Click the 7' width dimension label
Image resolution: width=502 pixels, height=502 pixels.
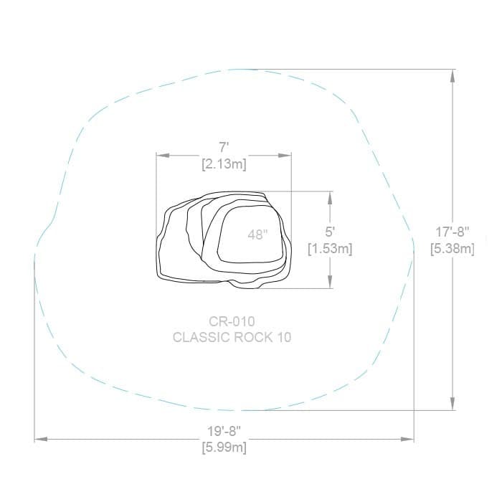coord(224,148)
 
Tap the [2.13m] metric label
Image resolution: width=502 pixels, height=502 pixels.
coord(224,164)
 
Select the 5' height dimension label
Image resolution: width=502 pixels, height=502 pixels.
coord(329,232)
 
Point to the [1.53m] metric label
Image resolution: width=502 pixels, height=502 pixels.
coord(330,249)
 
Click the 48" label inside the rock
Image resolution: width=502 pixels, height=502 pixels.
coord(257,235)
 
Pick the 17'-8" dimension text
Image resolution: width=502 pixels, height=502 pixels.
coord(453,232)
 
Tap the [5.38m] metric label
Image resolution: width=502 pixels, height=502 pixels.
coord(453,249)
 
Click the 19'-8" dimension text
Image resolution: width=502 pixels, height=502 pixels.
coord(224,431)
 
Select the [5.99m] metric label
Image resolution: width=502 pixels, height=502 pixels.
coord(224,447)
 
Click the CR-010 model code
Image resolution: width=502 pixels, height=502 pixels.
coord(232,321)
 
